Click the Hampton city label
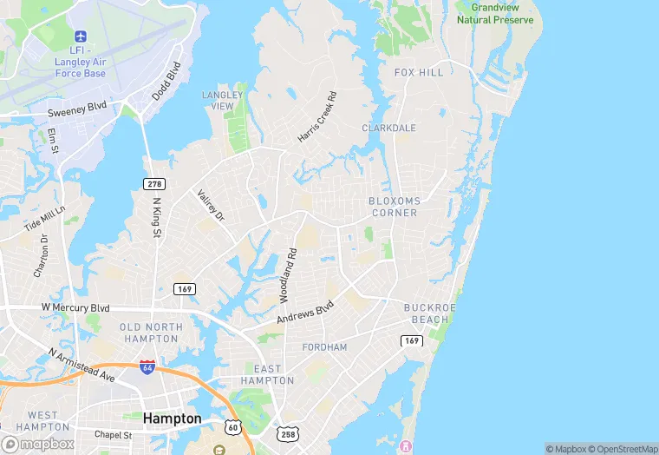click(172, 419)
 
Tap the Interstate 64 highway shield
click(147, 367)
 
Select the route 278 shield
click(153, 184)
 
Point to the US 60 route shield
click(232, 427)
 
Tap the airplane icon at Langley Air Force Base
click(82, 36)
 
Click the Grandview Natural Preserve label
click(495, 13)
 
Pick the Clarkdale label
click(388, 128)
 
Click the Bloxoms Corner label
click(395, 207)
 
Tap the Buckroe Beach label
click(429, 313)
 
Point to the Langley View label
click(218, 100)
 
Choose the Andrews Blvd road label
click(305, 313)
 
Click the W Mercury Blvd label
click(75, 307)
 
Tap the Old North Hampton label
click(151, 333)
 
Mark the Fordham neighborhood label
click(324, 347)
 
